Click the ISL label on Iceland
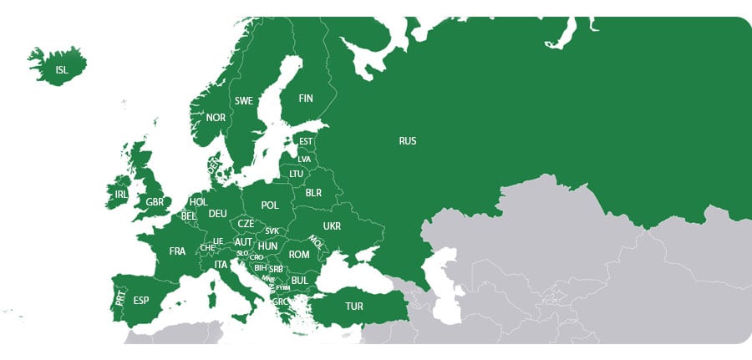point(62,69)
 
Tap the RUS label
point(408,141)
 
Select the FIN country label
point(306,99)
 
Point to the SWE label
point(244,101)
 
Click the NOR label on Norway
point(216,118)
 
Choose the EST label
point(306,142)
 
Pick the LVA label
point(304,159)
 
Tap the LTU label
point(297,174)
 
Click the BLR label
point(313,193)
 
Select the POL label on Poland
point(269,205)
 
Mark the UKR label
point(332,226)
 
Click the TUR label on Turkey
point(354,307)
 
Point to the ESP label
point(141,300)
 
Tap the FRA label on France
point(177,251)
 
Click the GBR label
point(155,202)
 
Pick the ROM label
point(299,255)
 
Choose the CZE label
point(246,224)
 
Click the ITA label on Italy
point(221,265)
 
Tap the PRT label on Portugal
point(120,297)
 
